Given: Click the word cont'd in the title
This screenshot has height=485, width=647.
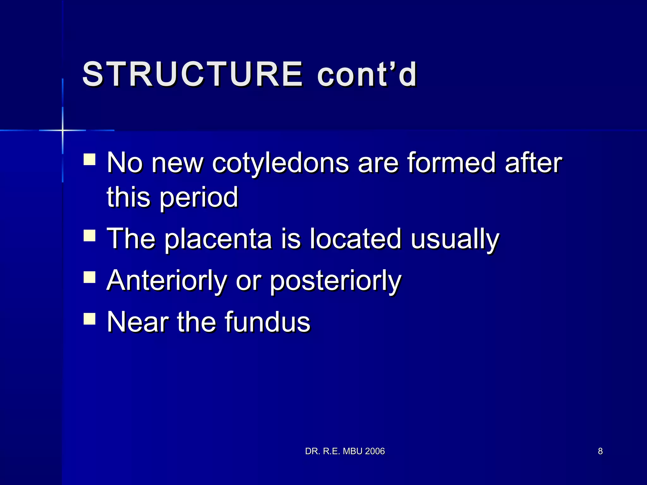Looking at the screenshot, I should (367, 74).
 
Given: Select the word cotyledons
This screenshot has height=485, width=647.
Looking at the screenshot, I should (280, 164).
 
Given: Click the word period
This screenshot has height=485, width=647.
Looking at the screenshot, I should (199, 198).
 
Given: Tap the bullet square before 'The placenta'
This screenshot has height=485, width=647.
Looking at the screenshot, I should (90, 236).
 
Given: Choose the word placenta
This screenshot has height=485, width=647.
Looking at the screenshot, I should (218, 240).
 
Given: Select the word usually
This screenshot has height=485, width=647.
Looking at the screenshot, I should (455, 240).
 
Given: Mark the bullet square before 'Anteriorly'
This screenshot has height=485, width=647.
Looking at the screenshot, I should (90, 277).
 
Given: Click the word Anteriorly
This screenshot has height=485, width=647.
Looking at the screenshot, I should (167, 281).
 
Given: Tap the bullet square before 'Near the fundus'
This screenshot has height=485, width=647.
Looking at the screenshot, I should (90, 319).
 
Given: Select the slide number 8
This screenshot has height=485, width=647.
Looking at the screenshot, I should (600, 451).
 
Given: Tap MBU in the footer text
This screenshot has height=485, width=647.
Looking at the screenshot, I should (352, 451).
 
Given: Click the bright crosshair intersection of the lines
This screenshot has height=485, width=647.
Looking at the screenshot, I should (63, 130).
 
